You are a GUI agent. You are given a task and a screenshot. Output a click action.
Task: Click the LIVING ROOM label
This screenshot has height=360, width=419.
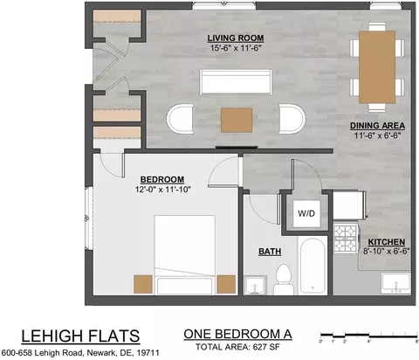236,38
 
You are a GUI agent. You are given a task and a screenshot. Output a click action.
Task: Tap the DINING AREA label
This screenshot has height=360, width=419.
377,126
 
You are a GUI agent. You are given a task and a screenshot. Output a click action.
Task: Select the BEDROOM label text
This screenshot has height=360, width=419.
162,179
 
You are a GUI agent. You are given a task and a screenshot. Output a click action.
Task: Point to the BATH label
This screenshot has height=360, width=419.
270,252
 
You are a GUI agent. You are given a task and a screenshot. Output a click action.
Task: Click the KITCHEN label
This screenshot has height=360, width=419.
387,242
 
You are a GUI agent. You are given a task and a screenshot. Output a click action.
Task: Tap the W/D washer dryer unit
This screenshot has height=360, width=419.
306,213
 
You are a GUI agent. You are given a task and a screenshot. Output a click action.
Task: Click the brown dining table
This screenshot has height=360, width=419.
377,67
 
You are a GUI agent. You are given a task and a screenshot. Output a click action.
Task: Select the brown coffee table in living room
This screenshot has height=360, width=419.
237,120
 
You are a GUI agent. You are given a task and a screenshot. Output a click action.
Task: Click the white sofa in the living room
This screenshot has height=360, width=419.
236,82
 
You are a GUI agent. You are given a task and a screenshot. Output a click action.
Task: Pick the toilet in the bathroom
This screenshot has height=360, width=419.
283,280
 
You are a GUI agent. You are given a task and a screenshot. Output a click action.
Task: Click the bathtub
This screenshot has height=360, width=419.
313,266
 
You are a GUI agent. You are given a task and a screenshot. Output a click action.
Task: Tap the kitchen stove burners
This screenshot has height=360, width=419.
346,238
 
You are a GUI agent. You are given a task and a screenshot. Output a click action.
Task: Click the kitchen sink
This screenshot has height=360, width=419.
396,283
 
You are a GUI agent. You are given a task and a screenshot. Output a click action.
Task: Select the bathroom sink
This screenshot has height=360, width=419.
255,285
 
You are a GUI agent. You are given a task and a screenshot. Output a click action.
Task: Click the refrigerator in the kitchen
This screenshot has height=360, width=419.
348,204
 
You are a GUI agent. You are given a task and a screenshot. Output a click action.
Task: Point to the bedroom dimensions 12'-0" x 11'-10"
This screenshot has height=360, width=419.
162,190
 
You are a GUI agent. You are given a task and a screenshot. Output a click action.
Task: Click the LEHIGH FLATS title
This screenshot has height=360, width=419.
80,336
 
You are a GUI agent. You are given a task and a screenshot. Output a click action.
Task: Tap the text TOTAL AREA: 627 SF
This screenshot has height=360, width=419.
237,347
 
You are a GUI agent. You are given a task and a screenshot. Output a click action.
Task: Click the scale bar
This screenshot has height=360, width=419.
368,335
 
